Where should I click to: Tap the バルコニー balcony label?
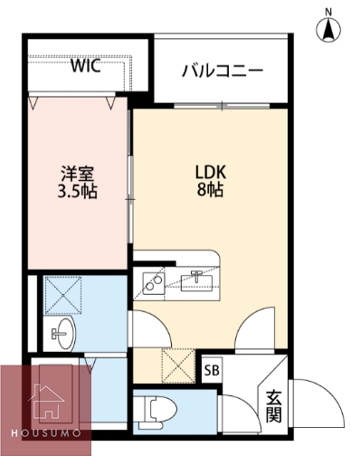click(222, 70)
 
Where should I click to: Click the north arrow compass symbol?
click(328, 31)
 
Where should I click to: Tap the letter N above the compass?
click(328, 11)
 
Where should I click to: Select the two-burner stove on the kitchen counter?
click(150, 283)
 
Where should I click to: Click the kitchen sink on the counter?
click(196, 281)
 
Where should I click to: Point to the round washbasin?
click(61, 334)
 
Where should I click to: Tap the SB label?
click(212, 370)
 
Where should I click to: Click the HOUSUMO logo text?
click(45, 435)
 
